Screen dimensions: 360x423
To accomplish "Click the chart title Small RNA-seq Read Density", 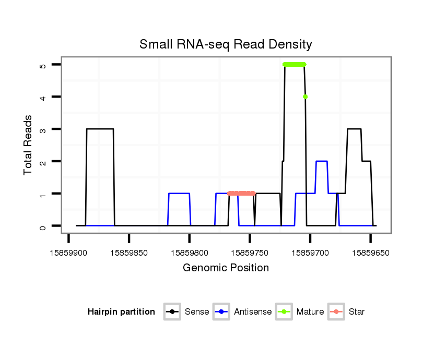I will (226, 44).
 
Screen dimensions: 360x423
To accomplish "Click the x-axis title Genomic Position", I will (226, 268).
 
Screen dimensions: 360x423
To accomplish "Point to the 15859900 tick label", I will (68, 252).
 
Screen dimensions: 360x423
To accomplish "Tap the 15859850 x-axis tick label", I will (129, 252).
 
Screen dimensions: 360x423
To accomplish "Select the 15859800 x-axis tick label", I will (190, 252).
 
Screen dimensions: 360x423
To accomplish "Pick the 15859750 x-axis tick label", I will (250, 252).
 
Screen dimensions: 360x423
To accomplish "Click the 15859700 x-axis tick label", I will (310, 252).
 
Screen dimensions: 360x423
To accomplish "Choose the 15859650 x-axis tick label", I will (370, 252).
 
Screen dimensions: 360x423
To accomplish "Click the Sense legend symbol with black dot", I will (172, 312).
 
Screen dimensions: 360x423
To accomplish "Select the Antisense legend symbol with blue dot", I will (221, 312).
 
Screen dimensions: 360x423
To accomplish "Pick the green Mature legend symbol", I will (284, 312).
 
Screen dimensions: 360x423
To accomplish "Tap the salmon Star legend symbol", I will (336, 312).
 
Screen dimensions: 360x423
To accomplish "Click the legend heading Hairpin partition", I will (121, 312).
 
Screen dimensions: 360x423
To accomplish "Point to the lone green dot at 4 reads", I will (305, 97).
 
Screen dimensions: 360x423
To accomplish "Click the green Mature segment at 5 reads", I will (295, 65).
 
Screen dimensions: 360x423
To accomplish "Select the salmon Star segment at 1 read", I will (241, 194).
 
